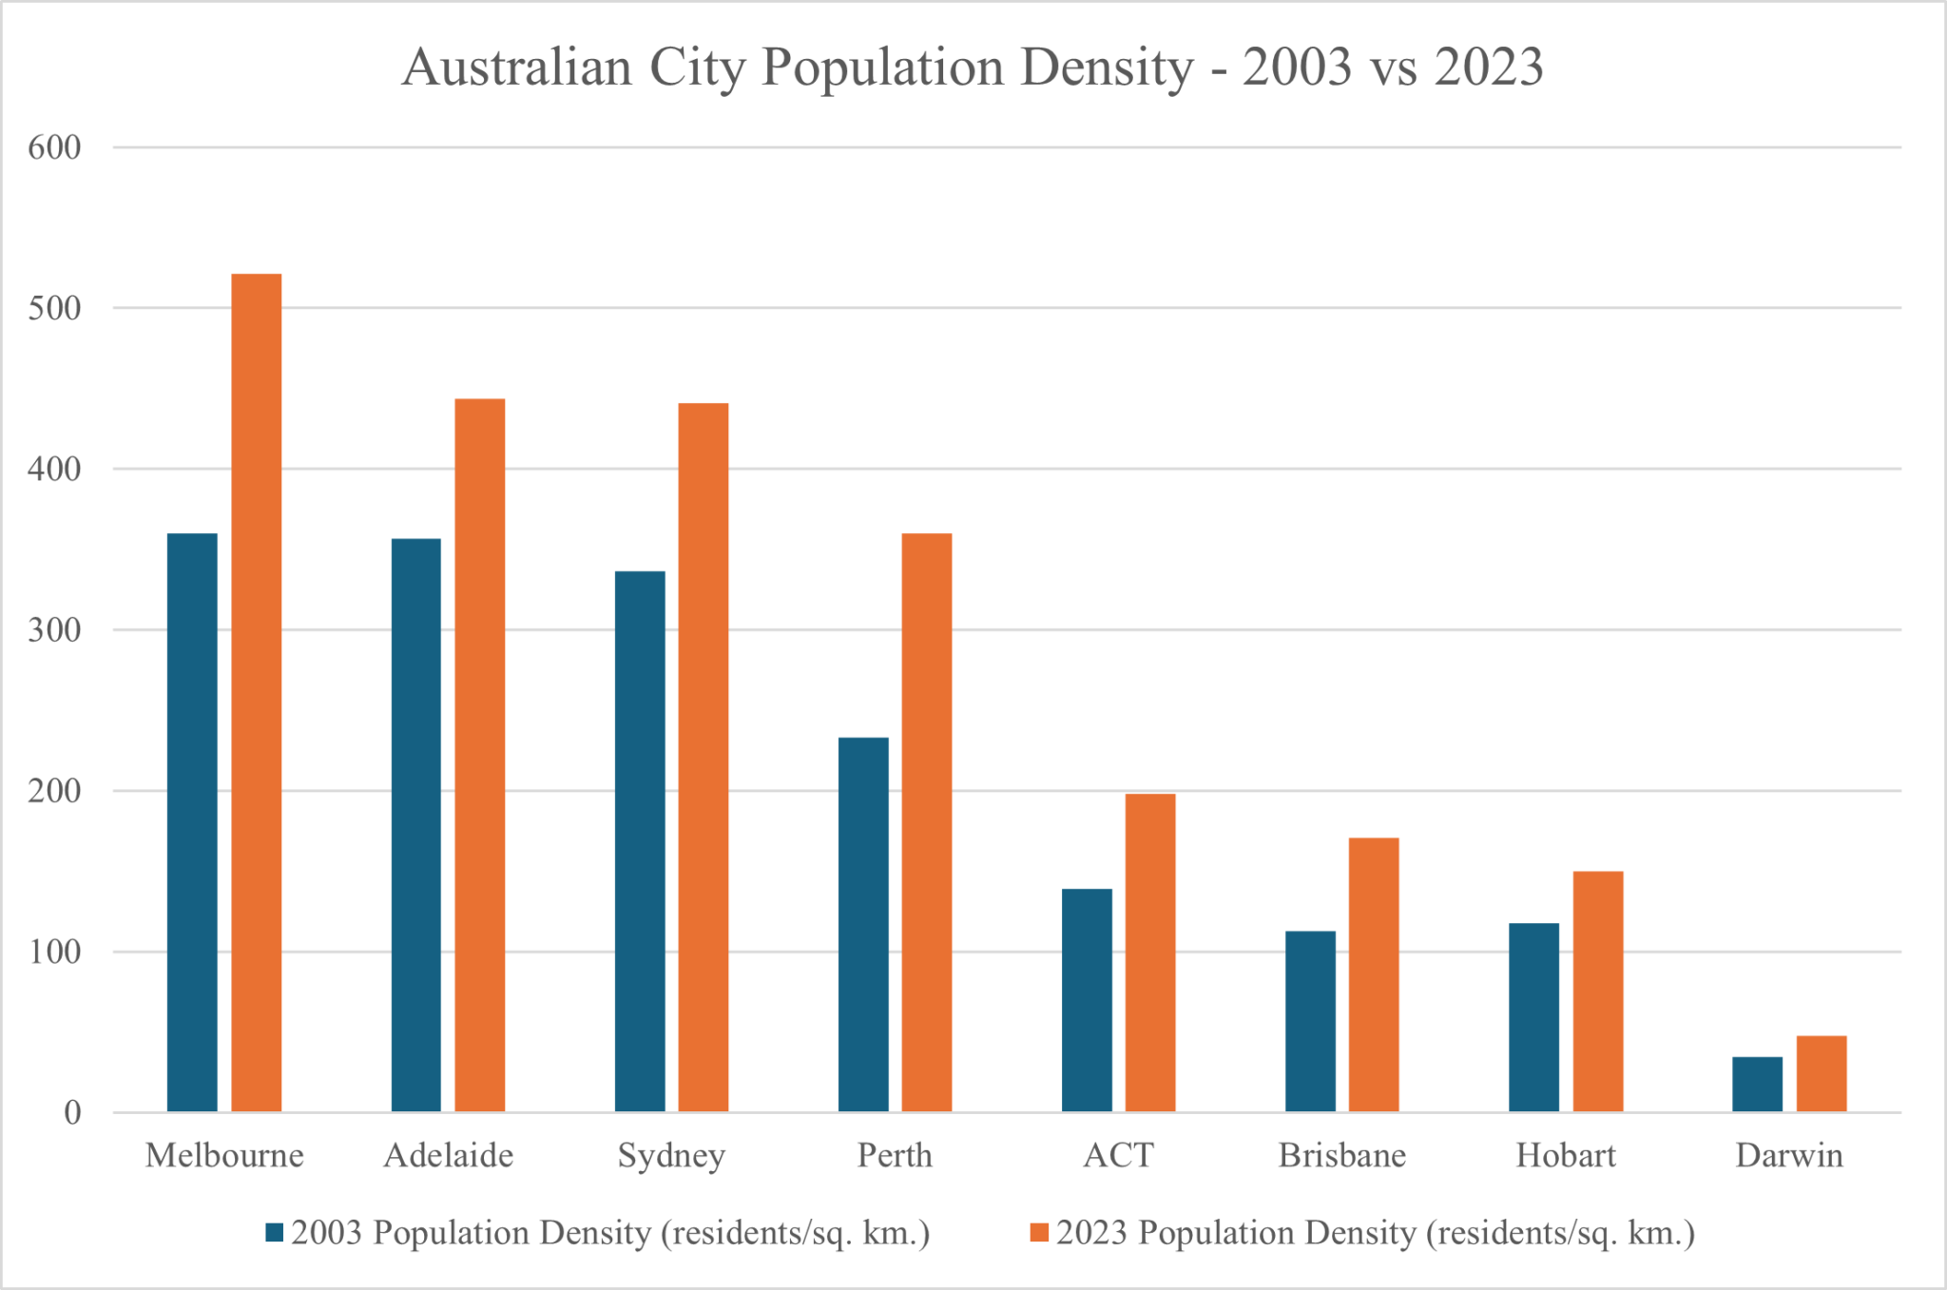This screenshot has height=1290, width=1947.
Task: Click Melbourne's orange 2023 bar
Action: click(257, 694)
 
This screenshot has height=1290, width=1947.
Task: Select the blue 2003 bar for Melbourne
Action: click(192, 822)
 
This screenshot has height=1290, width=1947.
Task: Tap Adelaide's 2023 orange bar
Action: click(480, 756)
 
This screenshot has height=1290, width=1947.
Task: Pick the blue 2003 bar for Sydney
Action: click(640, 841)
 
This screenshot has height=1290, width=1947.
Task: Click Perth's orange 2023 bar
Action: click(927, 822)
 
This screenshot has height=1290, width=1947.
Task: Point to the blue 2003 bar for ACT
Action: click(1087, 1000)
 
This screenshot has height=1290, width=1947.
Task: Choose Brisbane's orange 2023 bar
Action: click(1374, 974)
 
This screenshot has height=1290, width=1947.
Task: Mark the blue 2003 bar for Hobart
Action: click(1533, 1017)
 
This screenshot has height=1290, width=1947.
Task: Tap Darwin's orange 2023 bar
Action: click(1822, 1074)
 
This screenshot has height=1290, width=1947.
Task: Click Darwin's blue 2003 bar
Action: click(1757, 1085)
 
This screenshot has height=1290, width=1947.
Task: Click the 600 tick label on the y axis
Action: click(54, 147)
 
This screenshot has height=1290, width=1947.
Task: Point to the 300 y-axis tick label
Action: click(54, 630)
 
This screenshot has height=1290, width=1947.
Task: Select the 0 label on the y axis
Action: click(72, 1113)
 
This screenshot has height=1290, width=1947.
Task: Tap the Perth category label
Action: click(895, 1156)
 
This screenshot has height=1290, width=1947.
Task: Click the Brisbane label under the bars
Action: click(1341, 1156)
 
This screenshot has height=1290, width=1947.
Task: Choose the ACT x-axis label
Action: click(1118, 1156)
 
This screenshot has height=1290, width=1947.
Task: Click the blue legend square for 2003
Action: click(275, 1233)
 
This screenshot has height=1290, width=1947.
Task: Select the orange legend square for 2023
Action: click(1040, 1233)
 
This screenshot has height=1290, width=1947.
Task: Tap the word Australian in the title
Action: click(517, 68)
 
